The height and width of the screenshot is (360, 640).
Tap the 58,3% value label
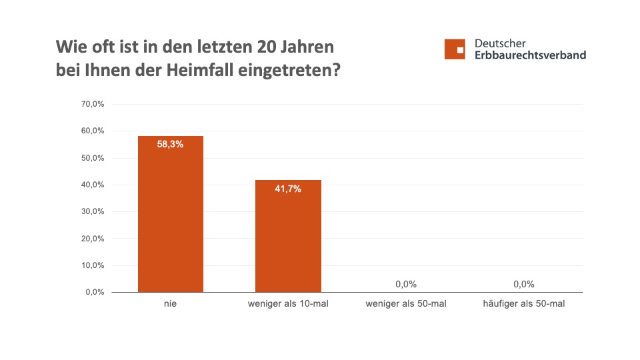coord(170,144)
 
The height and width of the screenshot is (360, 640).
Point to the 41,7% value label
coord(288,189)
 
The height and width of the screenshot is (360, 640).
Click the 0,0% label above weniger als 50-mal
coord(406,284)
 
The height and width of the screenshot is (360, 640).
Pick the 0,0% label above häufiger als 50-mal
coord(524,284)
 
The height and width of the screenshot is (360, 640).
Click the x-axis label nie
coord(170,305)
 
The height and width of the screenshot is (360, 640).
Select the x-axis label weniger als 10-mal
coord(288,305)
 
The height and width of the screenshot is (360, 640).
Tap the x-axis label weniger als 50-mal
coord(406,305)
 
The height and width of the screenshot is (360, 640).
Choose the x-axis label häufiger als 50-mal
coord(524,305)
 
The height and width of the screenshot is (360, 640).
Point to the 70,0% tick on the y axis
coord(93,105)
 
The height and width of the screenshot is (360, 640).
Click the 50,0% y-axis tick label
coord(93,158)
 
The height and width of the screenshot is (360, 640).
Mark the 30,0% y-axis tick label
coord(93,211)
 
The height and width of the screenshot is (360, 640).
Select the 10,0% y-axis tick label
coord(93,265)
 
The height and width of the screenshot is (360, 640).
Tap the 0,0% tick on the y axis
coord(95,292)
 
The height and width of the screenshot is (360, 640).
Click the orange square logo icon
coord(455,49)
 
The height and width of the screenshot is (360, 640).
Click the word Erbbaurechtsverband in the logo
coord(530,55)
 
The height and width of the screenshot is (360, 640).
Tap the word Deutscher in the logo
coord(500,43)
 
